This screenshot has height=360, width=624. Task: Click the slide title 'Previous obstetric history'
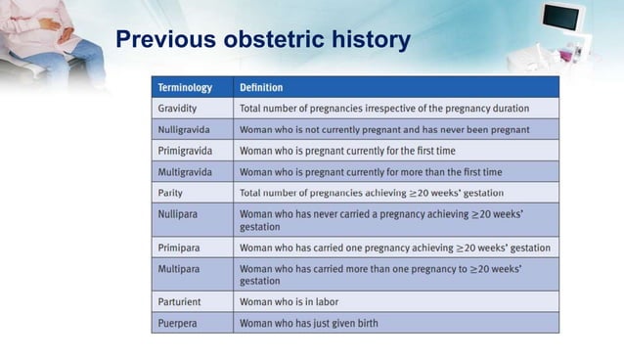click(262, 41)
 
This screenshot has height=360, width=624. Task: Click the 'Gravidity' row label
click(181, 108)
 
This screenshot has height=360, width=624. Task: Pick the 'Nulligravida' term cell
click(189, 129)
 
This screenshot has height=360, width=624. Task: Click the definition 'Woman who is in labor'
click(290, 301)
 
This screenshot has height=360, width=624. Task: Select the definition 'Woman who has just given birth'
click(309, 322)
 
